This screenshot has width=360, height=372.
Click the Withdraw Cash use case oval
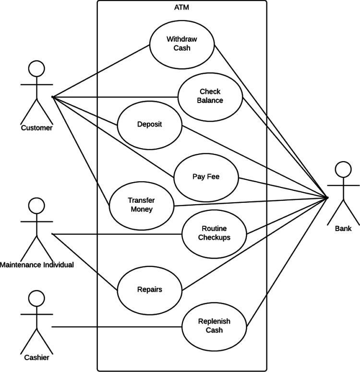(x=181, y=43)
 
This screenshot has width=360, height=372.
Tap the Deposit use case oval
(x=149, y=124)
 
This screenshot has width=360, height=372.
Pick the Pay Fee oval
(x=206, y=176)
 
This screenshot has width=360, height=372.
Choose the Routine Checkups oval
(x=214, y=233)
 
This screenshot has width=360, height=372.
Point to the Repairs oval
(x=149, y=290)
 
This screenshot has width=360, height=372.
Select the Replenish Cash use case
(x=214, y=325)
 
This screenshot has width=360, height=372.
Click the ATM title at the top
(x=181, y=7)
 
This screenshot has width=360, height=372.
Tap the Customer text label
(x=36, y=128)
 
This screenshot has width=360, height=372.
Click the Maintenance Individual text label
(x=37, y=265)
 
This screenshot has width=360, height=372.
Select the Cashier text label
(x=36, y=357)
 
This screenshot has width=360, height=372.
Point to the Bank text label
(x=343, y=229)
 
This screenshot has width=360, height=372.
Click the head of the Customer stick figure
(x=36, y=69)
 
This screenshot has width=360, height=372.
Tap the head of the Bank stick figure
(x=343, y=170)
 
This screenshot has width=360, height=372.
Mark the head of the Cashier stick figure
(x=36, y=299)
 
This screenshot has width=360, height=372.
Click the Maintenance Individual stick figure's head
(x=36, y=206)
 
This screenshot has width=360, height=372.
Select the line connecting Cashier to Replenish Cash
(x=115, y=327)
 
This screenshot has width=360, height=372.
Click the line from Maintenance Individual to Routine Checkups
(x=115, y=234)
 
